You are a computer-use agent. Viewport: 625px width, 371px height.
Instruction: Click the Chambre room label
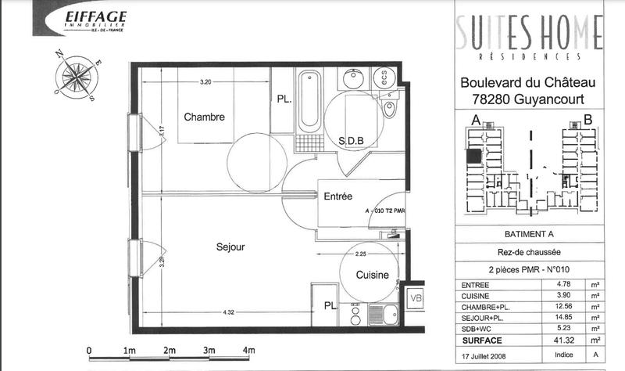(x=204, y=117)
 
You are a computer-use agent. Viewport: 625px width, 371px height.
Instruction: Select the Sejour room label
(x=230, y=247)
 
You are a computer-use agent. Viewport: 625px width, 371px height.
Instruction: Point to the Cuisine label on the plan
(x=373, y=276)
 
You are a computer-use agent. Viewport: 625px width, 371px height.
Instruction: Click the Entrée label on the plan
(x=339, y=197)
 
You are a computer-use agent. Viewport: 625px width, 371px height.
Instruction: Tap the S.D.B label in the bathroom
(x=352, y=141)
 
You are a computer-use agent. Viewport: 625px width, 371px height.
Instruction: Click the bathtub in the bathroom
(x=308, y=102)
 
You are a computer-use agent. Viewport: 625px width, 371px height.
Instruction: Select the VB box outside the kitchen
(x=416, y=297)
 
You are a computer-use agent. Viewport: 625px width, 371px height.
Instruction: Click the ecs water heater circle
(x=384, y=77)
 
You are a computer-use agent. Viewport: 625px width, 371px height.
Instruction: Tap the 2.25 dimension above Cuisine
(x=362, y=254)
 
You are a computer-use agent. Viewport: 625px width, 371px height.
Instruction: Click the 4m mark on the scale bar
(x=249, y=350)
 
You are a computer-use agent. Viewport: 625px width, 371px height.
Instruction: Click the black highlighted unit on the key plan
(x=473, y=157)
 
